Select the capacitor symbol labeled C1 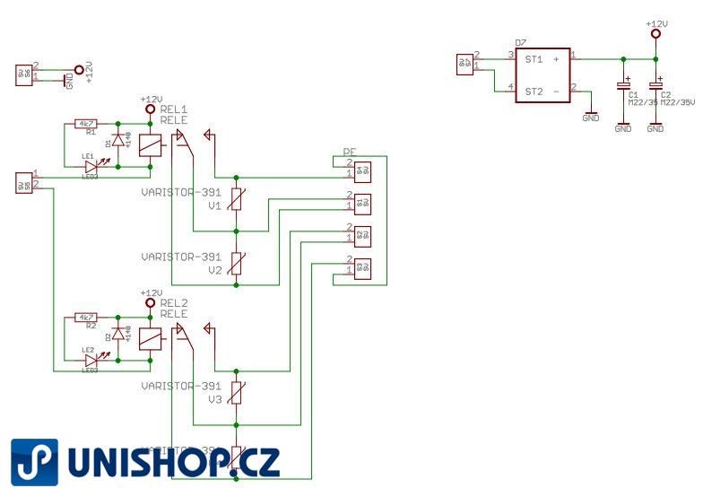[622, 86]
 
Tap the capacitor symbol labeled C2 [655, 86]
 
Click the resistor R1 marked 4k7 [86, 124]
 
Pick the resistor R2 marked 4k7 [86, 318]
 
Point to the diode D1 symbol [116, 141]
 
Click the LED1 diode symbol [91, 165]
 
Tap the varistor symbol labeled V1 [236, 200]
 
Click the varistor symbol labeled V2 [236, 264]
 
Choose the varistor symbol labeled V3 [236, 393]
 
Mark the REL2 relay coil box [152, 337]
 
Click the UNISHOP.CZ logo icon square [34, 461]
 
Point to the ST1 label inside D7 [534, 59]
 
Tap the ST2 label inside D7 [534, 91]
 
